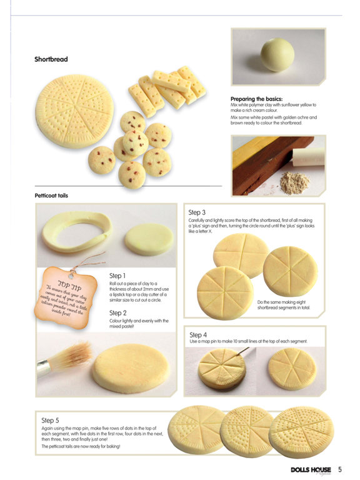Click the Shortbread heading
coord(51,59)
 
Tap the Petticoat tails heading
coord(51,195)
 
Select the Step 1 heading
coord(117,276)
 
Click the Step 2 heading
coord(118,313)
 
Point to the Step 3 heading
coord(197,212)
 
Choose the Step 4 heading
coord(198,335)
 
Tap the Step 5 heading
coord(50,420)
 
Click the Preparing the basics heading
coord(256,99)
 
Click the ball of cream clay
coord(277,54)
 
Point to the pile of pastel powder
coord(294,182)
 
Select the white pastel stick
coord(307,157)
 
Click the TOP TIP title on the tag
coord(70,286)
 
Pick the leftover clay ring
coord(77,232)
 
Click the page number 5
coord(340,469)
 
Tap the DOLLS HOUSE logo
coord(311,470)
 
